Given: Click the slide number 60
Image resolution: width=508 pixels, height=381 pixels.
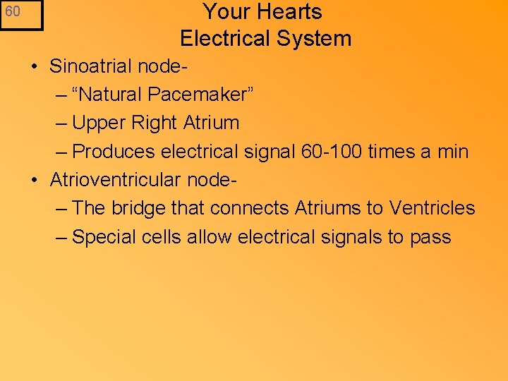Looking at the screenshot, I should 13,12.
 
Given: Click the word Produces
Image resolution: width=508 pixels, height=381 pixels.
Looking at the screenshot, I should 114,151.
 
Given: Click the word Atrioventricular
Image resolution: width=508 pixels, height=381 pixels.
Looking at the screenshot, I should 116,180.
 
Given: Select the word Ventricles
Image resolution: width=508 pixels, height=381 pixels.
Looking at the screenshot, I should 433,208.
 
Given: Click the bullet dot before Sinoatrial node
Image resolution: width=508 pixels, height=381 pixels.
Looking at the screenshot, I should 34,67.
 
